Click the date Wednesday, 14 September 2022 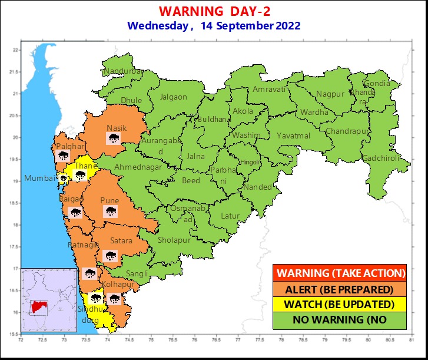(x=214, y=26)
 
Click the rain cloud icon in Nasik (x=113, y=139)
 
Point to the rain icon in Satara (x=110, y=255)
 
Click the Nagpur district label (x=330, y=94)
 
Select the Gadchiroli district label (x=381, y=158)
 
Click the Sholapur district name (x=174, y=240)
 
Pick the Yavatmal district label (x=293, y=136)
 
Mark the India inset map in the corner (x=49, y=301)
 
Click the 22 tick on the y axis (x=16, y=50)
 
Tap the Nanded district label (x=258, y=187)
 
